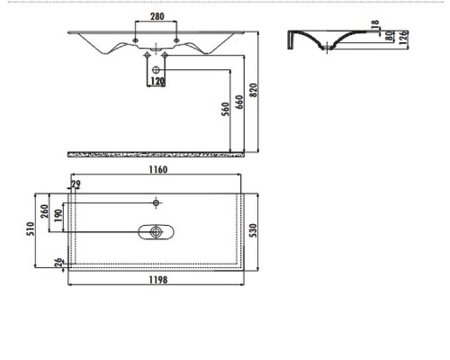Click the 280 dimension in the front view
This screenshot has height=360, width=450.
pos(157,17)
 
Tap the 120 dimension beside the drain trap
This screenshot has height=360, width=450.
pos(157,82)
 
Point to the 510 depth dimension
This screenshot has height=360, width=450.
pos(30,229)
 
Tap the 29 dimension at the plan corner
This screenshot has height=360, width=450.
pos(75,185)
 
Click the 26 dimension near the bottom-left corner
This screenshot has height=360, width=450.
pos(59,263)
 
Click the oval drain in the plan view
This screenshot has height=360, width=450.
pos(157,232)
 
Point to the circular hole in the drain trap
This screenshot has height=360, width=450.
pos(157,68)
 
